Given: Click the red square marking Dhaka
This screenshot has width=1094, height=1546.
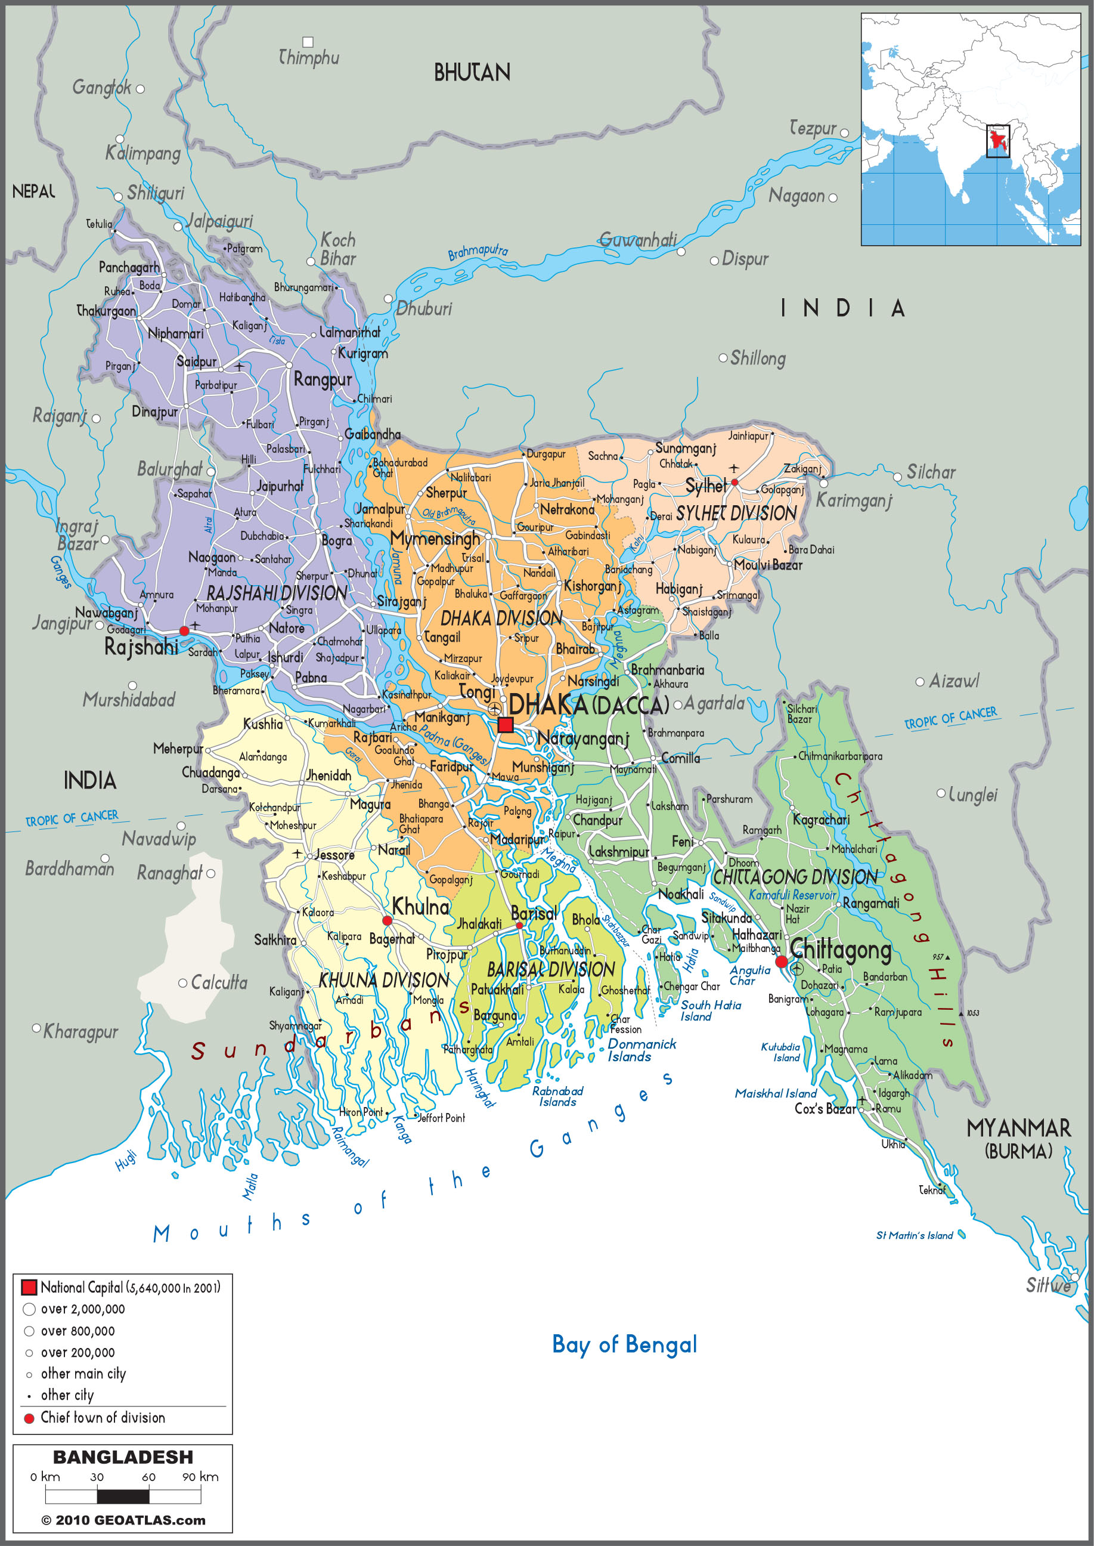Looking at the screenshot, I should click(505, 725).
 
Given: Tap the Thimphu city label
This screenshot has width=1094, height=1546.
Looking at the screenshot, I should click(309, 58).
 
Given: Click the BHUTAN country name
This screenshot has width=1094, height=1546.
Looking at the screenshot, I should click(472, 73).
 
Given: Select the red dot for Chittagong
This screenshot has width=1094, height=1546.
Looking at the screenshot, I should click(781, 961).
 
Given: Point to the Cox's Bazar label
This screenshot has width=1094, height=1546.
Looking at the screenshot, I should click(825, 1109).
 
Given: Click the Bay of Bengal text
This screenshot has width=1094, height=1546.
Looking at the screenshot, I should click(624, 1344).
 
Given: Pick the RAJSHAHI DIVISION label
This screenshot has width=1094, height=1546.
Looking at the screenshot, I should click(277, 593).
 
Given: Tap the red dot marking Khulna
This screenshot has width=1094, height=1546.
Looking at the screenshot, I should click(388, 920).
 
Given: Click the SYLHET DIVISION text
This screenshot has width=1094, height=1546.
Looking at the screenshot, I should click(736, 514).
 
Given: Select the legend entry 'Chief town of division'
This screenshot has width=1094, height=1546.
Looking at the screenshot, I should click(103, 1417).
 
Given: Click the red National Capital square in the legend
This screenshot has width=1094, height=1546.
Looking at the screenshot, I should click(29, 1287).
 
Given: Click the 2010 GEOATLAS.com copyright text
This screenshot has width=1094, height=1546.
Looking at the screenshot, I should click(123, 1520).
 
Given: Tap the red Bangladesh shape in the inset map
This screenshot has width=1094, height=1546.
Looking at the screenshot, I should click(997, 140).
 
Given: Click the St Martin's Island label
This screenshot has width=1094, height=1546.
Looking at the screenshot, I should click(914, 1235).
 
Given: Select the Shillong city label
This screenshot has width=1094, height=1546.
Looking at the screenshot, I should click(757, 358).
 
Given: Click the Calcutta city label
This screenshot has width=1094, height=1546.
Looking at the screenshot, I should click(219, 982).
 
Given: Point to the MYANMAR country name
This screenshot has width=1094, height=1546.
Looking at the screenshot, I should click(1018, 1128).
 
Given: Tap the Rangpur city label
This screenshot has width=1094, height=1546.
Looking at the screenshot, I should click(323, 380).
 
